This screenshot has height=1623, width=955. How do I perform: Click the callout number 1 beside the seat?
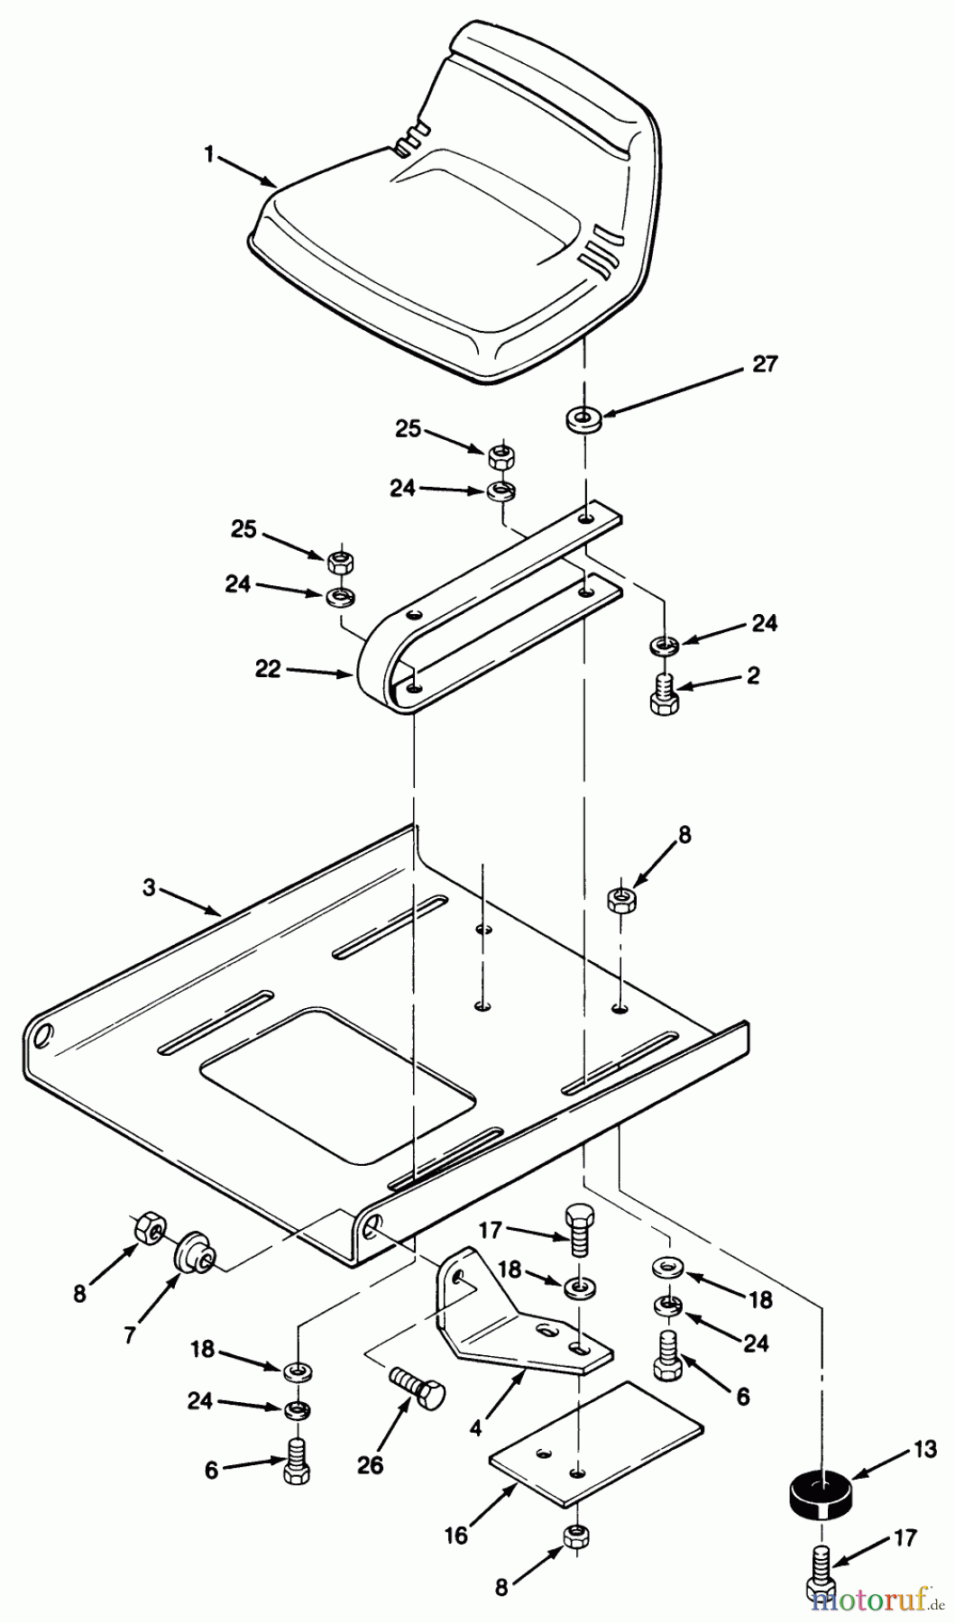point(209,154)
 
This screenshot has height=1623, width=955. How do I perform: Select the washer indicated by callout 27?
point(585,418)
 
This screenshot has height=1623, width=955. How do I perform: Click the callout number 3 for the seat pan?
point(149,888)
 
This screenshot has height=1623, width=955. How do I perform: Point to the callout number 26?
point(370,1466)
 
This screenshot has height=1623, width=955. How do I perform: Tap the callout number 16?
point(456,1535)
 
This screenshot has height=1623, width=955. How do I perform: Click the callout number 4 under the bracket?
point(475,1427)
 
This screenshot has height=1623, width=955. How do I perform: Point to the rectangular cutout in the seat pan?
point(339,1086)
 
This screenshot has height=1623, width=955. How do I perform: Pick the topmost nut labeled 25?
point(502,457)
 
